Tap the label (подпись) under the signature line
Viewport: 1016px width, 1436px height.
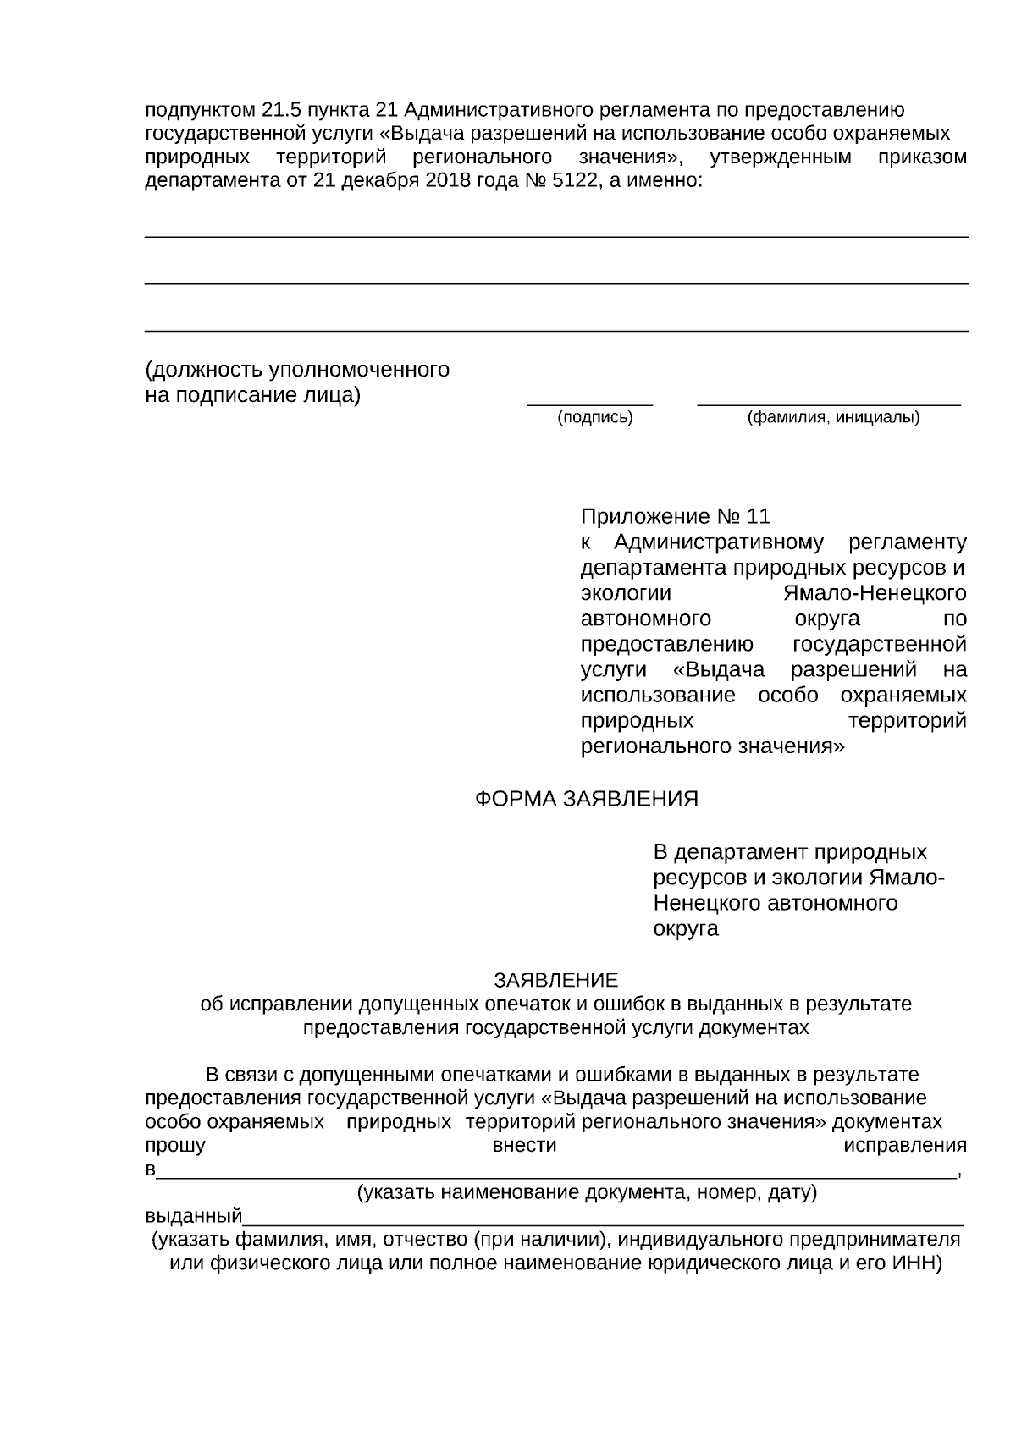pos(594,417)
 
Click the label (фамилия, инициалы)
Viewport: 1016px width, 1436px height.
pos(833,417)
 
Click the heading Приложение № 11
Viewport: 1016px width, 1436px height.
pos(675,516)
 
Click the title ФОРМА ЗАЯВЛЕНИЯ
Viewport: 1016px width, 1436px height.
pos(586,799)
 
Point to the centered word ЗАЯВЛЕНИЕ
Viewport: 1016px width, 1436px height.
pos(556,980)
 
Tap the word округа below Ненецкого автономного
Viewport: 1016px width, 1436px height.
pos(686,928)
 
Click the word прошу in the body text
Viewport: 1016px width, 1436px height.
pos(175,1146)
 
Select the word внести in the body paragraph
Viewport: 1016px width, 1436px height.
pos(524,1146)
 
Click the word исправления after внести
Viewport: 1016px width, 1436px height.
pos(904,1146)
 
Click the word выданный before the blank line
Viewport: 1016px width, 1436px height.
pos(194,1217)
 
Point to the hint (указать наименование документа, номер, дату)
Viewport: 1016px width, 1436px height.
pos(586,1193)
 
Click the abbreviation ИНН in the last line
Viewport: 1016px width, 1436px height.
pos(915,1263)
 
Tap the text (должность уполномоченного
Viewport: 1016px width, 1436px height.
pos(297,370)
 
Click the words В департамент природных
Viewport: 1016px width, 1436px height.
pos(789,851)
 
